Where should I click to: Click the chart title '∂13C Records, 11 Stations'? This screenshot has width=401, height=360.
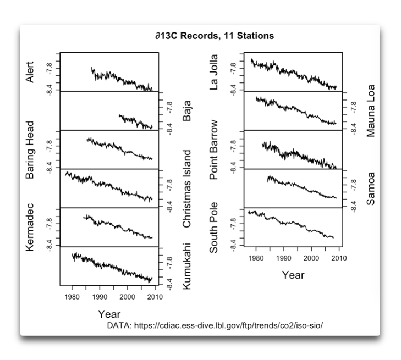point(215,36)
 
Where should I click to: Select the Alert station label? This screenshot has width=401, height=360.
point(30,72)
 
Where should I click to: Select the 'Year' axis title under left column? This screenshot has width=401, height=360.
point(109,314)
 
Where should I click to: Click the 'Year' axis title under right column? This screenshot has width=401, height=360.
point(293,275)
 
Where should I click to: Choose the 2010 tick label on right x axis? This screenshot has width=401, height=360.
point(339,258)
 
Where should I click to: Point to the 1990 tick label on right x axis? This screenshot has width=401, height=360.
point(284,258)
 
